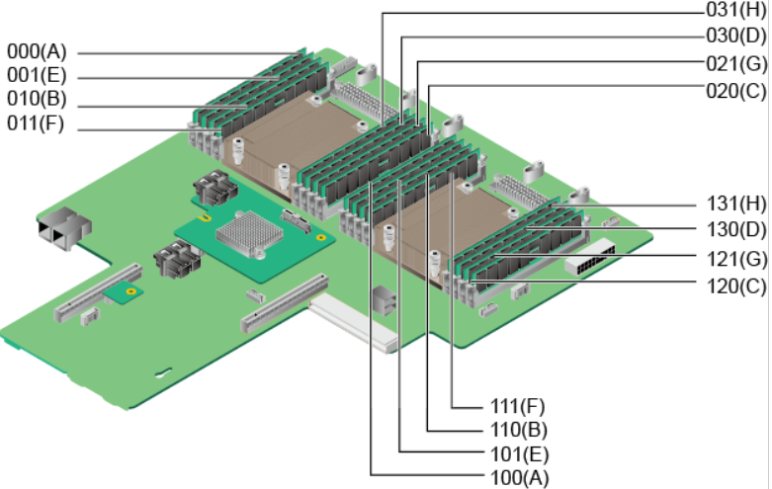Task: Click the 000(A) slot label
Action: click(x=37, y=51)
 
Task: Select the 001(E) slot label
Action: click(x=37, y=75)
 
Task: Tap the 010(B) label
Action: click(x=37, y=99)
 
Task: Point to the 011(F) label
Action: click(x=36, y=122)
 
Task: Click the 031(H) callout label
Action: click(x=736, y=9)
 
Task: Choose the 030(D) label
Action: click(x=736, y=36)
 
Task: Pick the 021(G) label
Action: click(x=736, y=63)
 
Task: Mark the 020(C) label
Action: click(x=736, y=91)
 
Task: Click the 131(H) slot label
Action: click(x=736, y=204)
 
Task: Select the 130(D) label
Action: click(x=736, y=229)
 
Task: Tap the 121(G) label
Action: click(x=736, y=259)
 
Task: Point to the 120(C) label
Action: click(x=736, y=285)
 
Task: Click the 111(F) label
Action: click(x=517, y=406)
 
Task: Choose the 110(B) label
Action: click(x=519, y=430)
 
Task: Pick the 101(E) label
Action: click(x=519, y=454)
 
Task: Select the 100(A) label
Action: click(x=519, y=478)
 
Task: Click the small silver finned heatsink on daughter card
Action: click(x=249, y=234)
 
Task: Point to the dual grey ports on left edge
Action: click(x=64, y=229)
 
